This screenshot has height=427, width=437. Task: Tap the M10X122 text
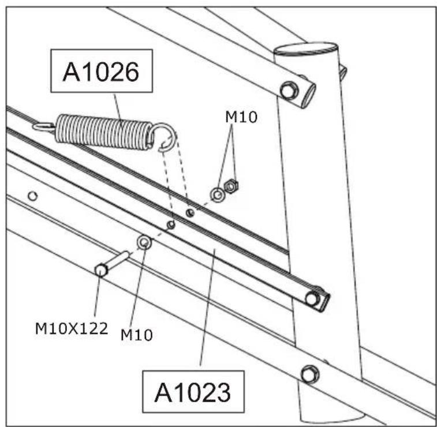[71, 329]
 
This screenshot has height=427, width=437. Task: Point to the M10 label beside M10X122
[137, 334]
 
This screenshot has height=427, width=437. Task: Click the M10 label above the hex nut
[241, 117]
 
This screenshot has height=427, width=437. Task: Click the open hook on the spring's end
[166, 138]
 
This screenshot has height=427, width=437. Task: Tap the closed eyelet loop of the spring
[43, 126]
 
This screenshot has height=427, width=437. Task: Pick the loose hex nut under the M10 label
[231, 186]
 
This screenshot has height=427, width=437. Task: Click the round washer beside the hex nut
[218, 195]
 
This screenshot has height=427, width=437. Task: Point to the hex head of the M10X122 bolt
[100, 269]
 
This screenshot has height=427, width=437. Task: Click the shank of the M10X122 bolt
[118, 260]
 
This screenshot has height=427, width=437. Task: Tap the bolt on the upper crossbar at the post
[288, 90]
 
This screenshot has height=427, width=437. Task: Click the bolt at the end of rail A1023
[312, 298]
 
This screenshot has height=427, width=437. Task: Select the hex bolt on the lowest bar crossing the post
[309, 373]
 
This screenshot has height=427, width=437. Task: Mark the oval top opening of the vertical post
[305, 48]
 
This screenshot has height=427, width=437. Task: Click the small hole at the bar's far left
[33, 196]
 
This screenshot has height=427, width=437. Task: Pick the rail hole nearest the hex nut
[190, 213]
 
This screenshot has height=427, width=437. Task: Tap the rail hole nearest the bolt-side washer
[170, 224]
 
